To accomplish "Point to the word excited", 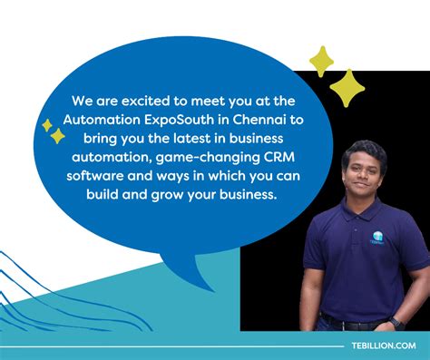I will click(132, 102).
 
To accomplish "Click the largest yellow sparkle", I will click(347, 88).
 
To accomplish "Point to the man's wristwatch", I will click(396, 322).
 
